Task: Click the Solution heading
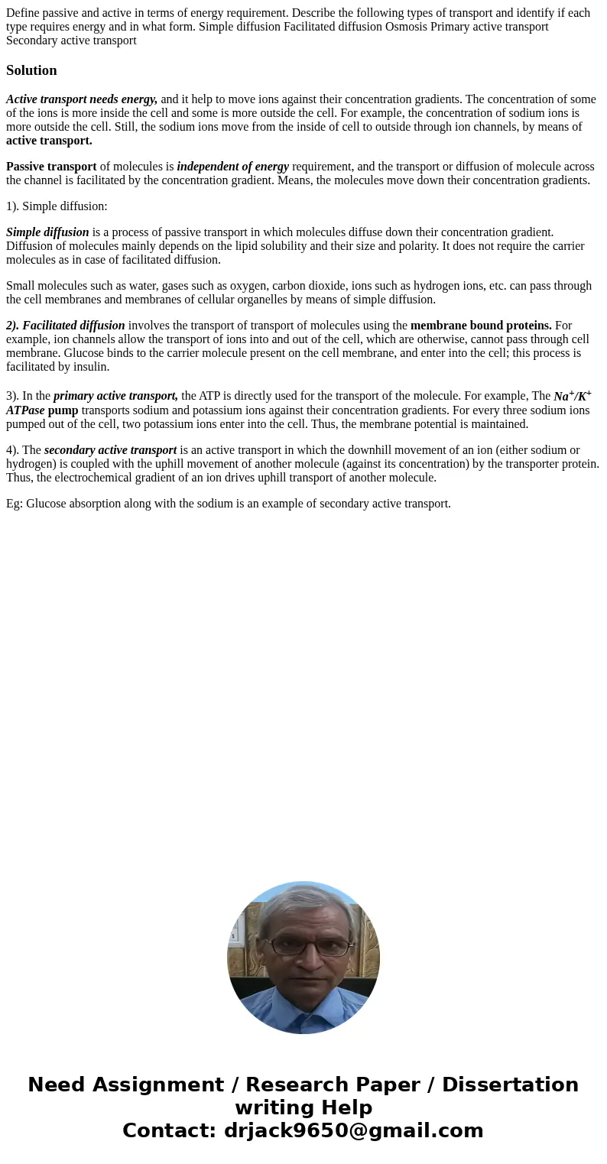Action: coord(31,70)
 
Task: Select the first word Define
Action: coord(24,13)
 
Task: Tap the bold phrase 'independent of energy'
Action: coord(232,167)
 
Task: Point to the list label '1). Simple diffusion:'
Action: coord(57,206)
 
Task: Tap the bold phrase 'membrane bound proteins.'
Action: coord(481,326)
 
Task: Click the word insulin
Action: coord(91,367)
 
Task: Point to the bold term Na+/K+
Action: coord(572,396)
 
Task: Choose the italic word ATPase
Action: coord(25,410)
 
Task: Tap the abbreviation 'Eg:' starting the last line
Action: coord(15,504)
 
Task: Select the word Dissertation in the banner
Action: coord(510,1085)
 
